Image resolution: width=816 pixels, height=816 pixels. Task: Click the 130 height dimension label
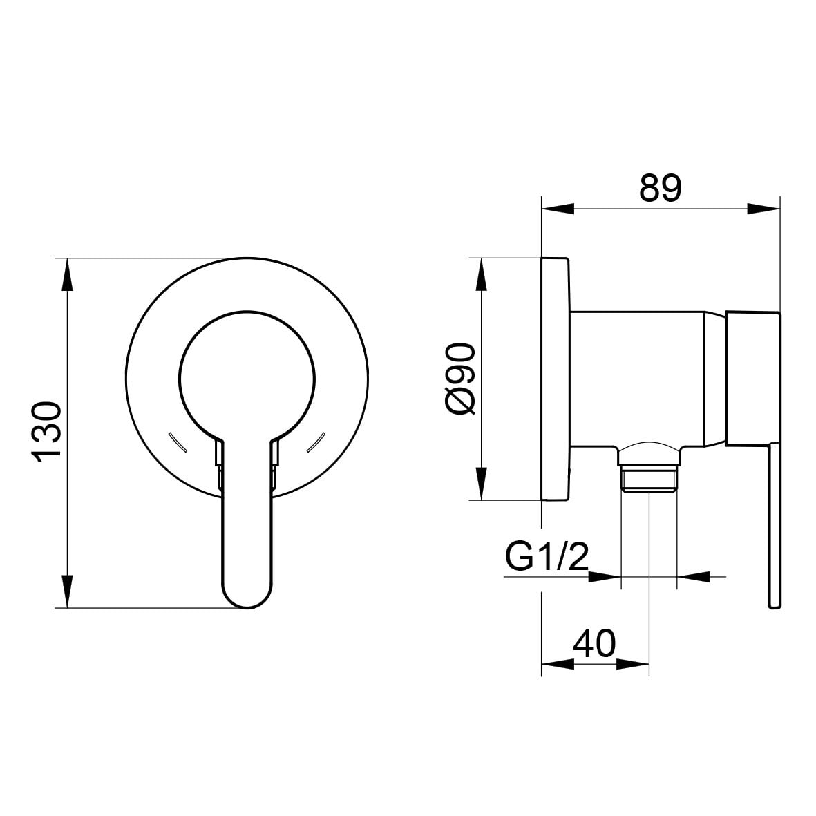coord(47,431)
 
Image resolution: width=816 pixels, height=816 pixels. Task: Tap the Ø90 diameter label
coord(461,379)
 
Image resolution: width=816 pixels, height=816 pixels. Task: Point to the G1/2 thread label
coord(547,556)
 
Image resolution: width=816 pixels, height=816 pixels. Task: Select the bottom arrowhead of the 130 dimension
coord(66,591)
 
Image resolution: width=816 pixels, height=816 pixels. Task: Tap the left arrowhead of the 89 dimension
coord(558,209)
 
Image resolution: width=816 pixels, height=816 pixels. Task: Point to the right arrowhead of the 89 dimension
coord(763,209)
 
